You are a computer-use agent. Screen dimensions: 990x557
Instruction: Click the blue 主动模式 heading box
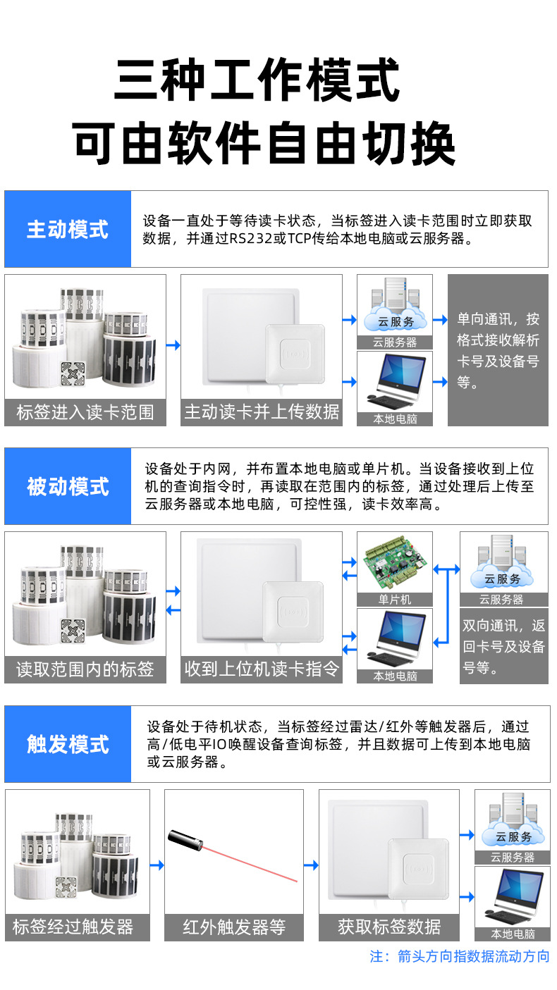[x=68, y=229]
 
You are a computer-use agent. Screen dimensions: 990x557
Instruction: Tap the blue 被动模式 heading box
[x=68, y=486]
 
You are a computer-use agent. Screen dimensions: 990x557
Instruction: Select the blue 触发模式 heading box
[x=68, y=743]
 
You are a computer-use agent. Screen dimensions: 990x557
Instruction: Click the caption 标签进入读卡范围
[x=85, y=412]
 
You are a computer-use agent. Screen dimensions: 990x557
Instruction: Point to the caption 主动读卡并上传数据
[x=262, y=412]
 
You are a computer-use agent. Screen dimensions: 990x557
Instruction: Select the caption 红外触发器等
[x=233, y=927]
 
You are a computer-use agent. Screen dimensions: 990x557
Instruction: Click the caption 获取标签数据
[x=388, y=927]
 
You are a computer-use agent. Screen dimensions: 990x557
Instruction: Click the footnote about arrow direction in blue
[x=459, y=956]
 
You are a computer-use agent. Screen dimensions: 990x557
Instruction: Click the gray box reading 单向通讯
[x=498, y=350]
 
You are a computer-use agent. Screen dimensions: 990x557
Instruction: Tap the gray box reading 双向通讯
[x=503, y=646]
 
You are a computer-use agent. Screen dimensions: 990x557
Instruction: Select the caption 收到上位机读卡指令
[x=262, y=669]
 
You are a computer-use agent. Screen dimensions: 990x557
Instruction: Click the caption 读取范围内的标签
[x=85, y=669]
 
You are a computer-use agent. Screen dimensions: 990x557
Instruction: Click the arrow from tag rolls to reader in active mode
[x=173, y=345]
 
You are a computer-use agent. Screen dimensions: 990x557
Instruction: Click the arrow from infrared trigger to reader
[x=311, y=865]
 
